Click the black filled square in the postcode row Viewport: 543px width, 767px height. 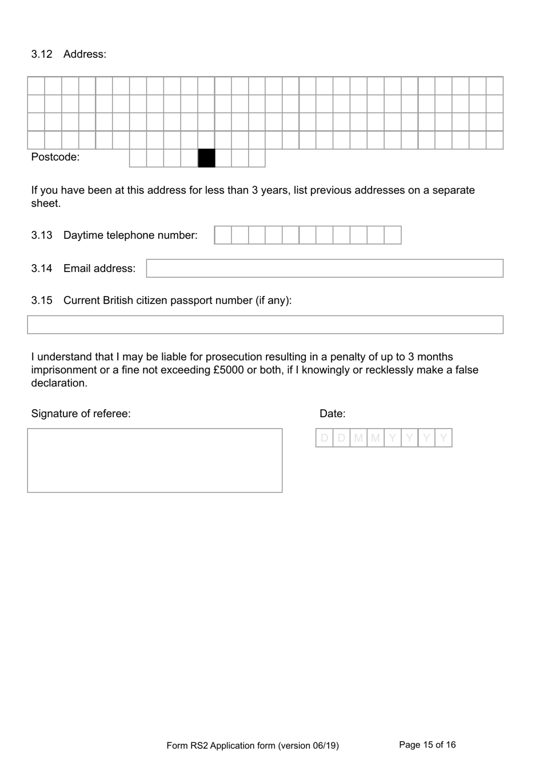tap(206, 158)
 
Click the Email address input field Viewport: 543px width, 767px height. tap(325, 269)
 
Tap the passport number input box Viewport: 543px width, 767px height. tap(265, 325)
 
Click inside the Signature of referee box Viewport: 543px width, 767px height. tap(155, 460)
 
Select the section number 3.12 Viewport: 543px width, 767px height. tap(42, 54)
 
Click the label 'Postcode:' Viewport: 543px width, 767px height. tap(55, 157)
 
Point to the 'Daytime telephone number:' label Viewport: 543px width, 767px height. tap(130, 235)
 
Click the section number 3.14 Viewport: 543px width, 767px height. tap(42, 269)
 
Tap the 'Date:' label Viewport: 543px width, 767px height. tap(332, 414)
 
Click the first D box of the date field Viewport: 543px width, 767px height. tap(325, 438)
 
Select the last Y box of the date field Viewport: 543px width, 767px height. tap(444, 438)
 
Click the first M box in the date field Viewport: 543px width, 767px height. tap(358, 438)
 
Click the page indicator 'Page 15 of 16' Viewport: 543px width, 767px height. tap(427, 745)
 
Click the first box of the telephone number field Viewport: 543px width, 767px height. tap(223, 235)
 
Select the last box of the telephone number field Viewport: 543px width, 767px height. tap(393, 235)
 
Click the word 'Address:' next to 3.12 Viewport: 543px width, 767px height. tap(85, 54)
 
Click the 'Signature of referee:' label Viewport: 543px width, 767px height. tap(81, 414)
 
